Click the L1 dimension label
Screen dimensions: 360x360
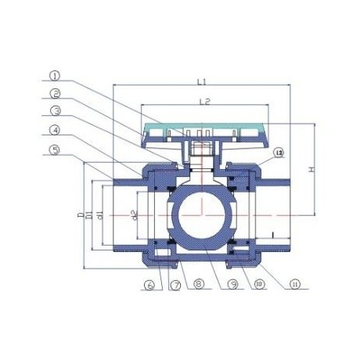pyautogui.click(x=202, y=81)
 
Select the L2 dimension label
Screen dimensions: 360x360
pyautogui.click(x=202, y=102)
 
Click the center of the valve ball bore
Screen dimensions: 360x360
pyautogui.click(x=203, y=214)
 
